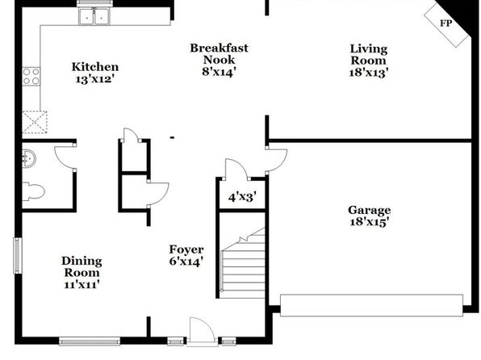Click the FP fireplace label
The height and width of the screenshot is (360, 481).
coord(445,23)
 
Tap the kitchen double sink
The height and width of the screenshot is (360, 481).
coord(94,16)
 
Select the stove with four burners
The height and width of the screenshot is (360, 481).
coord(31,76)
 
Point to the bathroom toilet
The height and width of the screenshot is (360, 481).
coord(33,191)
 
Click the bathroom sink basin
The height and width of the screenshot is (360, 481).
coord(29,159)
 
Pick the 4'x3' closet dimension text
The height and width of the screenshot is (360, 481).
coord(242,197)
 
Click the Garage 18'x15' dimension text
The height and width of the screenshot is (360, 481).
coord(370,222)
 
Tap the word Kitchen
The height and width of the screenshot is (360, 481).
coord(95,67)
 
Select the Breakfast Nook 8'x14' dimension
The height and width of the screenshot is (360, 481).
coord(219,72)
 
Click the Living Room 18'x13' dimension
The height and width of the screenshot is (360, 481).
coord(369,73)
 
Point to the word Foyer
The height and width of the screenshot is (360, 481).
coord(186,250)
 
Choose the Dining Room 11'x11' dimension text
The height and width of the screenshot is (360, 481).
coord(82,284)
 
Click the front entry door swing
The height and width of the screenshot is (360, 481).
coord(201,329)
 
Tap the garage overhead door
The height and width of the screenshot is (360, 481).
coord(371,305)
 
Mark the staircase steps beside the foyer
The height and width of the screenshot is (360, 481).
coord(243,263)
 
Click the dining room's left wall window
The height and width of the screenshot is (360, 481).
coord(18,256)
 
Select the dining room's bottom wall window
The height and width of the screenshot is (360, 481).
coord(90,341)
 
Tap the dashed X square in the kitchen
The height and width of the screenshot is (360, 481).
coord(35,122)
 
